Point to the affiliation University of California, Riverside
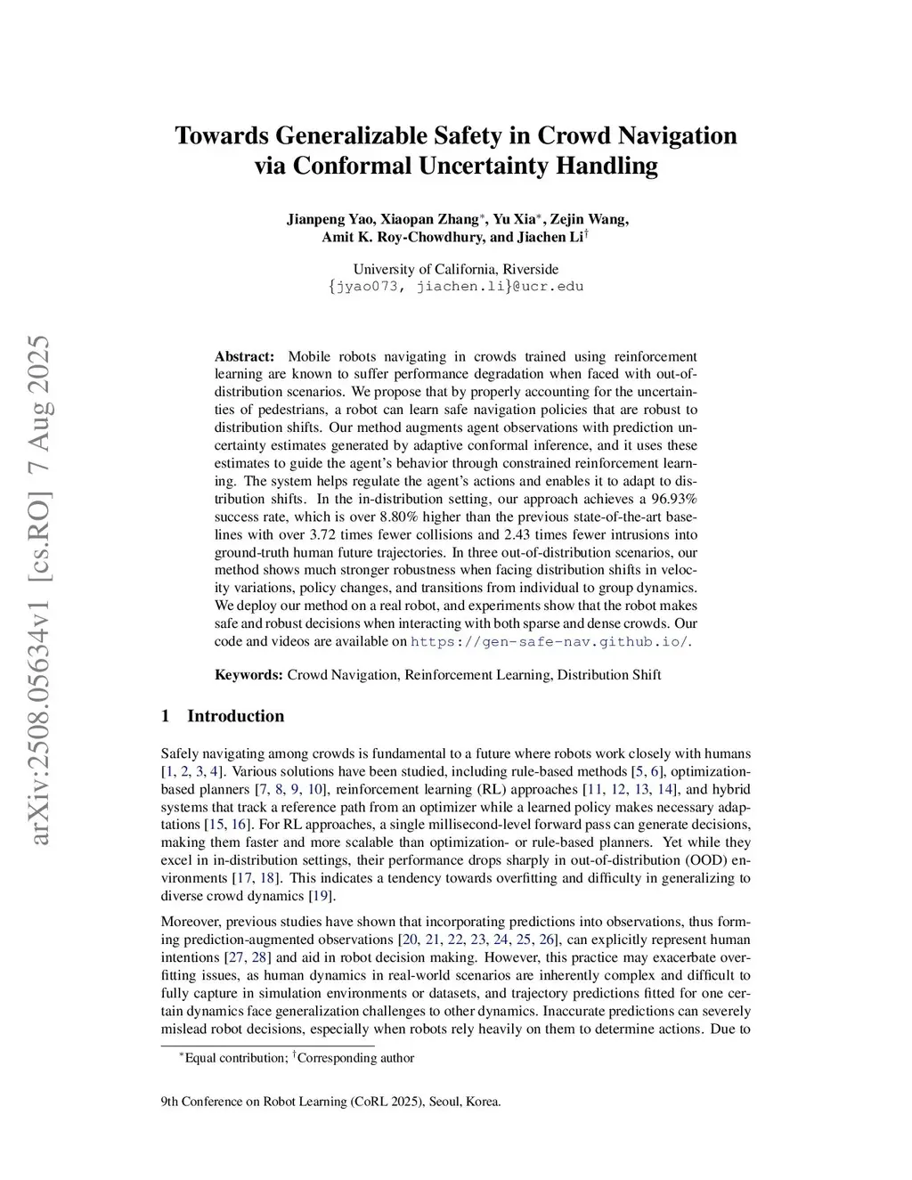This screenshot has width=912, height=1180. (x=456, y=269)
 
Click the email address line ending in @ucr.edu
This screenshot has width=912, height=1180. (x=456, y=287)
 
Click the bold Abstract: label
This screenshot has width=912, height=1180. (x=245, y=356)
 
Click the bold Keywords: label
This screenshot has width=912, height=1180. (x=248, y=674)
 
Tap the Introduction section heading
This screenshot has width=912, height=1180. (x=235, y=716)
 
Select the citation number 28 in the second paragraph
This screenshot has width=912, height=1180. (x=260, y=957)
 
